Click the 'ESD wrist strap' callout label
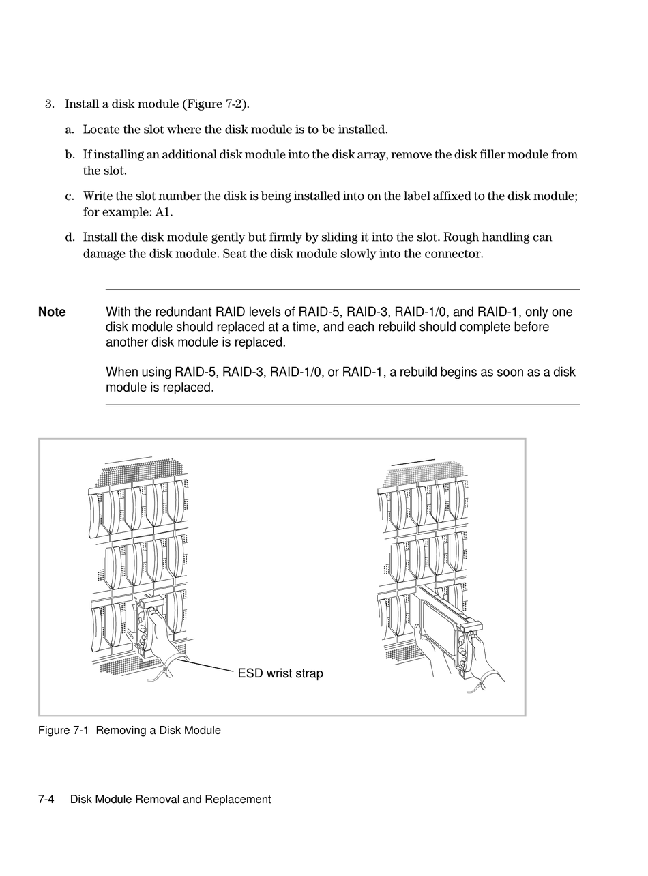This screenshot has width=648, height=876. (280, 674)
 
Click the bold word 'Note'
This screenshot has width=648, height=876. (52, 312)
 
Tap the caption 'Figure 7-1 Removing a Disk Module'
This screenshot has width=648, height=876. (130, 731)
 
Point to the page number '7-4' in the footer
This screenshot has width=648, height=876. (46, 800)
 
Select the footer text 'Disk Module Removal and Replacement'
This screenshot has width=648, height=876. (171, 800)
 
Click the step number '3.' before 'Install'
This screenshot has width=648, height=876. (50, 104)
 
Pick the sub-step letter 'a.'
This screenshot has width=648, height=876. (70, 130)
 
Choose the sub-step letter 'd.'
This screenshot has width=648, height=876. (70, 237)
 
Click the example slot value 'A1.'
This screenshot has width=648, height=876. (164, 212)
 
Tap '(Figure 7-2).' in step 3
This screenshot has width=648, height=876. (216, 104)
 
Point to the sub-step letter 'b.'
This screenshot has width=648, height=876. (70, 155)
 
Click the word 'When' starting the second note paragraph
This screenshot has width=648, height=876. (121, 373)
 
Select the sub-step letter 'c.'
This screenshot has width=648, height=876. (70, 196)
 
